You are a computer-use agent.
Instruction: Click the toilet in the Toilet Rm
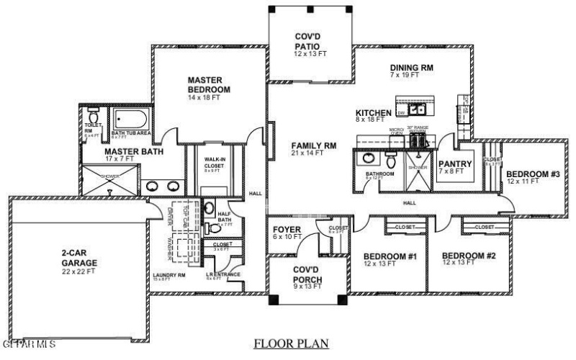(x=93, y=118)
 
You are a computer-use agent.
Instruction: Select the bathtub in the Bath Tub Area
(x=130, y=118)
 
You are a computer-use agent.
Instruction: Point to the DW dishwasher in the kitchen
(x=403, y=113)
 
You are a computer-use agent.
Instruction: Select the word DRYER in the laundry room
(x=171, y=215)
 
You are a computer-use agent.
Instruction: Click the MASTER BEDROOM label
(x=209, y=84)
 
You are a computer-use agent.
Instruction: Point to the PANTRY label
(x=455, y=164)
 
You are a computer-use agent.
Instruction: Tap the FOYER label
(x=287, y=230)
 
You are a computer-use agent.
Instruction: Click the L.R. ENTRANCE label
(x=219, y=274)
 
